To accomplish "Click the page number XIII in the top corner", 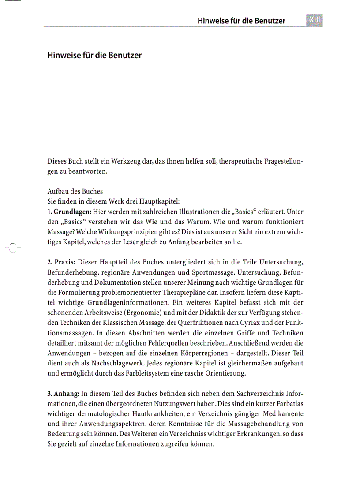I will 314,20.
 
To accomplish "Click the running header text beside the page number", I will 241,21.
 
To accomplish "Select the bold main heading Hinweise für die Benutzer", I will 94,56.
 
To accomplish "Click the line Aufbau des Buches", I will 75,191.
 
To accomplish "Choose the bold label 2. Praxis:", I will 61,262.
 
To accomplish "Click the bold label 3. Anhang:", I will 63,393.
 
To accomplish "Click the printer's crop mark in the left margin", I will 13,247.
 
